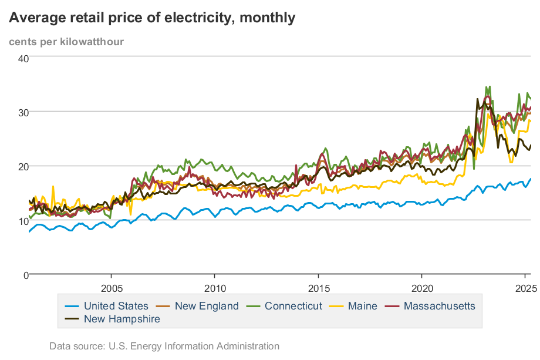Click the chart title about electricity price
pyautogui.click(x=151, y=18)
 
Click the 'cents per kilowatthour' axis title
pyautogui.click(x=66, y=41)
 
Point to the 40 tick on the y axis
pyautogui.click(x=23, y=58)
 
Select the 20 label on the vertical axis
pyautogui.click(x=23, y=166)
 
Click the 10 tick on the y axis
pyautogui.click(x=23, y=220)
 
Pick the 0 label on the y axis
pyautogui.click(x=26, y=274)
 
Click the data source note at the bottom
pyautogui.click(x=164, y=346)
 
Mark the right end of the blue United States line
pyautogui.click(x=531, y=179)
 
